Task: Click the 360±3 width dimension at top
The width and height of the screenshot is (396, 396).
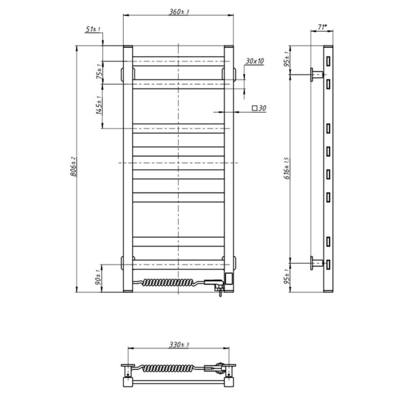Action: [x=179, y=12]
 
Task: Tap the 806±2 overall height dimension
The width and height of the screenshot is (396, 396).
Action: [x=73, y=167]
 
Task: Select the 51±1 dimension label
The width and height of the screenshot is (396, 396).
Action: [x=93, y=29]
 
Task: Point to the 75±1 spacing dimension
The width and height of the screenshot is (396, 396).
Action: [x=99, y=71]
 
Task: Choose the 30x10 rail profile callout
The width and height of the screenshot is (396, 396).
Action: [x=255, y=61]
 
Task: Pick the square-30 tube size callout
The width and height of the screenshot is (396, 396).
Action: [x=259, y=108]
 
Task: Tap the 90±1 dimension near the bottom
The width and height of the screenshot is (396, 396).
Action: [x=99, y=278]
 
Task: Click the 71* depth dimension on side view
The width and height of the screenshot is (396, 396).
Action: [x=322, y=27]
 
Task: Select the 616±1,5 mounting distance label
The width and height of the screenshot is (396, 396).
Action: [x=287, y=168]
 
